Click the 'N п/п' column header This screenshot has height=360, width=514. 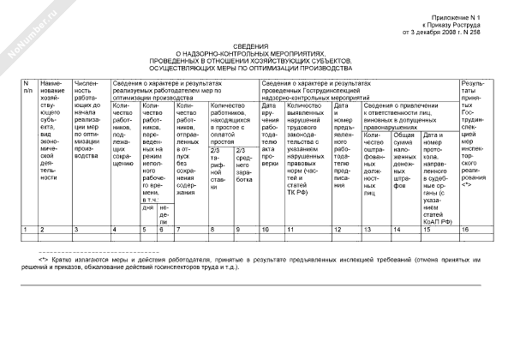(27, 86)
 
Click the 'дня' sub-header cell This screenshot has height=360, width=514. (147, 207)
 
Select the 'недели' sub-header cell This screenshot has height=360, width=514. (164, 212)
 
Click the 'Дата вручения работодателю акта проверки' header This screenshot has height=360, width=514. (271, 139)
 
